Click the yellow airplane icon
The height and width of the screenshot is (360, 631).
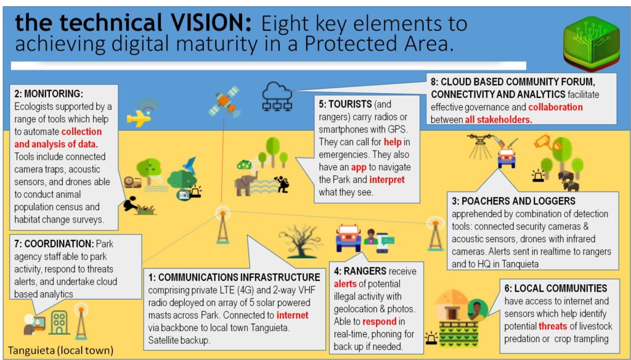[x=139, y=118]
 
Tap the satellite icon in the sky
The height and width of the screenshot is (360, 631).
[x=223, y=101]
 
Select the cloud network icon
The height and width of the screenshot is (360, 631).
[x=277, y=96]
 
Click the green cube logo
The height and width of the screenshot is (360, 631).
[x=591, y=44]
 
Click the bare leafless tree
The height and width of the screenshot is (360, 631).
[x=301, y=241]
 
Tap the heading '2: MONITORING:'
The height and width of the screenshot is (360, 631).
[x=49, y=94]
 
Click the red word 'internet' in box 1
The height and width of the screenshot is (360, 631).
[x=293, y=315]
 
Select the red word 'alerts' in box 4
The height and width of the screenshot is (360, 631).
[x=345, y=284]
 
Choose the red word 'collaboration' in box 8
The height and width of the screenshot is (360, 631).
[x=555, y=107]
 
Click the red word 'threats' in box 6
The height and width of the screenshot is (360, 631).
[x=553, y=326]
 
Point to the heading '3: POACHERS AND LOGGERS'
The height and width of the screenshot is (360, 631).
[x=513, y=201]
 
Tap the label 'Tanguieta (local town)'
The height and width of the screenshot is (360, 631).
[x=61, y=350]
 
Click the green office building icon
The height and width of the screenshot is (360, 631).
[x=60, y=322]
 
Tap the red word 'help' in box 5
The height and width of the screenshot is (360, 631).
[x=393, y=142]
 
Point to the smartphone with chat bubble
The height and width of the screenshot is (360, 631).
[x=384, y=242]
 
